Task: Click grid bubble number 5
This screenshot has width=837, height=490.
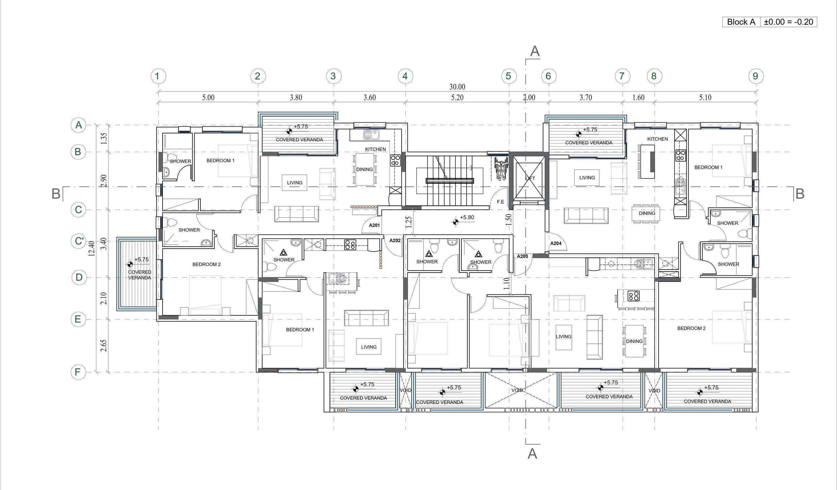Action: tap(508, 76)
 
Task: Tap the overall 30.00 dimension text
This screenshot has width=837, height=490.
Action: tap(457, 87)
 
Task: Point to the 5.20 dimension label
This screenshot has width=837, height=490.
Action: tap(457, 98)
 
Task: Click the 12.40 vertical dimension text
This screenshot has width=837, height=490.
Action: tap(92, 249)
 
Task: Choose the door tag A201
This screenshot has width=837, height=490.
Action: tap(374, 225)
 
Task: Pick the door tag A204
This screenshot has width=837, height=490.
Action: tap(556, 243)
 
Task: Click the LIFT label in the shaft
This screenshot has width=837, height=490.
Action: tap(530, 178)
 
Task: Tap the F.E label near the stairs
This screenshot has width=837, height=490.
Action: tap(501, 201)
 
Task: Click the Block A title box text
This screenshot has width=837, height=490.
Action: tap(741, 22)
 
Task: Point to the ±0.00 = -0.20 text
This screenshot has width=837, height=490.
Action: tap(788, 22)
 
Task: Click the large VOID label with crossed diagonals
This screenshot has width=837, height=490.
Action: tap(517, 390)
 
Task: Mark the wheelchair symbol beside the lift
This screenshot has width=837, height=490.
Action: tap(500, 169)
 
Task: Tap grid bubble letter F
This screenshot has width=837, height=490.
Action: tap(78, 372)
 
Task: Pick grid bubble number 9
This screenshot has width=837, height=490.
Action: tap(756, 76)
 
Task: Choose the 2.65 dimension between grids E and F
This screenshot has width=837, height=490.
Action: tap(104, 345)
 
